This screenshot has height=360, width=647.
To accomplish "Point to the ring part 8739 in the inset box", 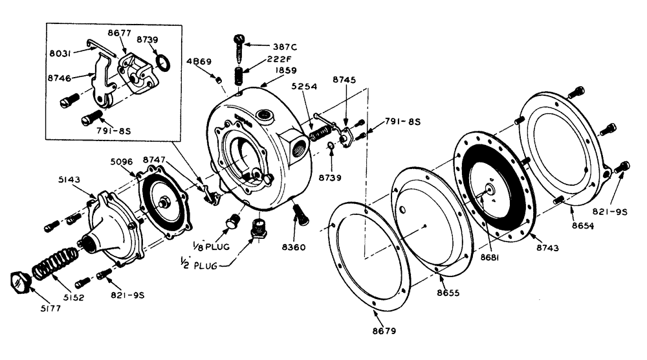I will click(x=164, y=64).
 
